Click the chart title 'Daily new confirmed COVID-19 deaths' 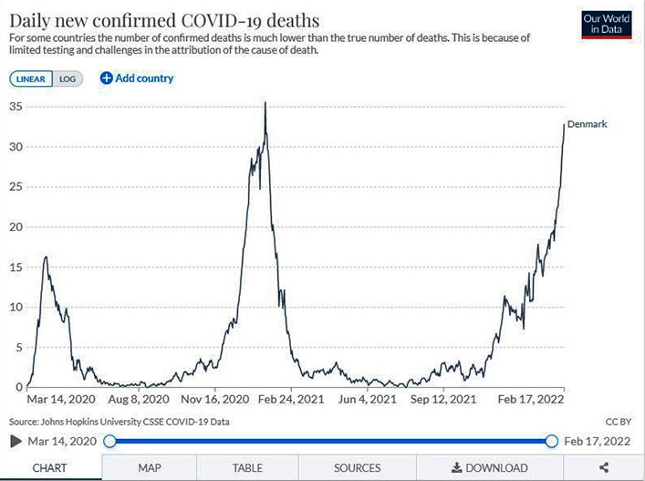pyautogui.click(x=164, y=18)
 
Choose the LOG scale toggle pyautogui.click(x=68, y=78)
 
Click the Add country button pyautogui.click(x=137, y=78)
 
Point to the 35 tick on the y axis pyautogui.click(x=15, y=106)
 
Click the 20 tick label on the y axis pyautogui.click(x=15, y=226)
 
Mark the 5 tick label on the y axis pyautogui.click(x=18, y=347)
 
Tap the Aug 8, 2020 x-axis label pyautogui.click(x=139, y=400)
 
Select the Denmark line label pyautogui.click(x=587, y=124)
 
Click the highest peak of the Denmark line pyautogui.click(x=265, y=103)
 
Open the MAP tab pyautogui.click(x=150, y=468)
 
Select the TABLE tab pyautogui.click(x=247, y=468)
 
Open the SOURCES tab pyautogui.click(x=357, y=468)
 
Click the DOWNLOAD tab pyautogui.click(x=489, y=468)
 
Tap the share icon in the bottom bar pyautogui.click(x=604, y=468)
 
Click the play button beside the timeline pyautogui.click(x=16, y=442)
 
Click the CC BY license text pyautogui.click(x=618, y=422)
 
